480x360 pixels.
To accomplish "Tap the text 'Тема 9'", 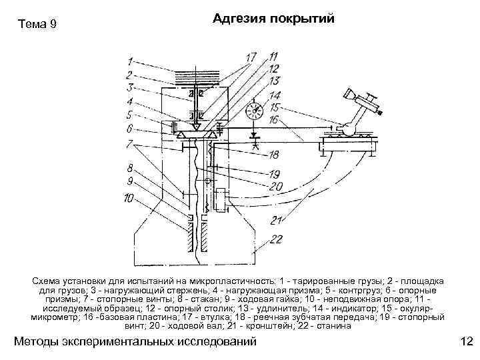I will tap(37, 25).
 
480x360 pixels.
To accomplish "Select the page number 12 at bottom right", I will tap(465, 342).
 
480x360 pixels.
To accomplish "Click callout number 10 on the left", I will tap(129, 197).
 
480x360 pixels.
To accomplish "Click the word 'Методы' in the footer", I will tap(41, 342).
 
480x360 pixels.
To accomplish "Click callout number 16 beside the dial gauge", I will tap(273, 120).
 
